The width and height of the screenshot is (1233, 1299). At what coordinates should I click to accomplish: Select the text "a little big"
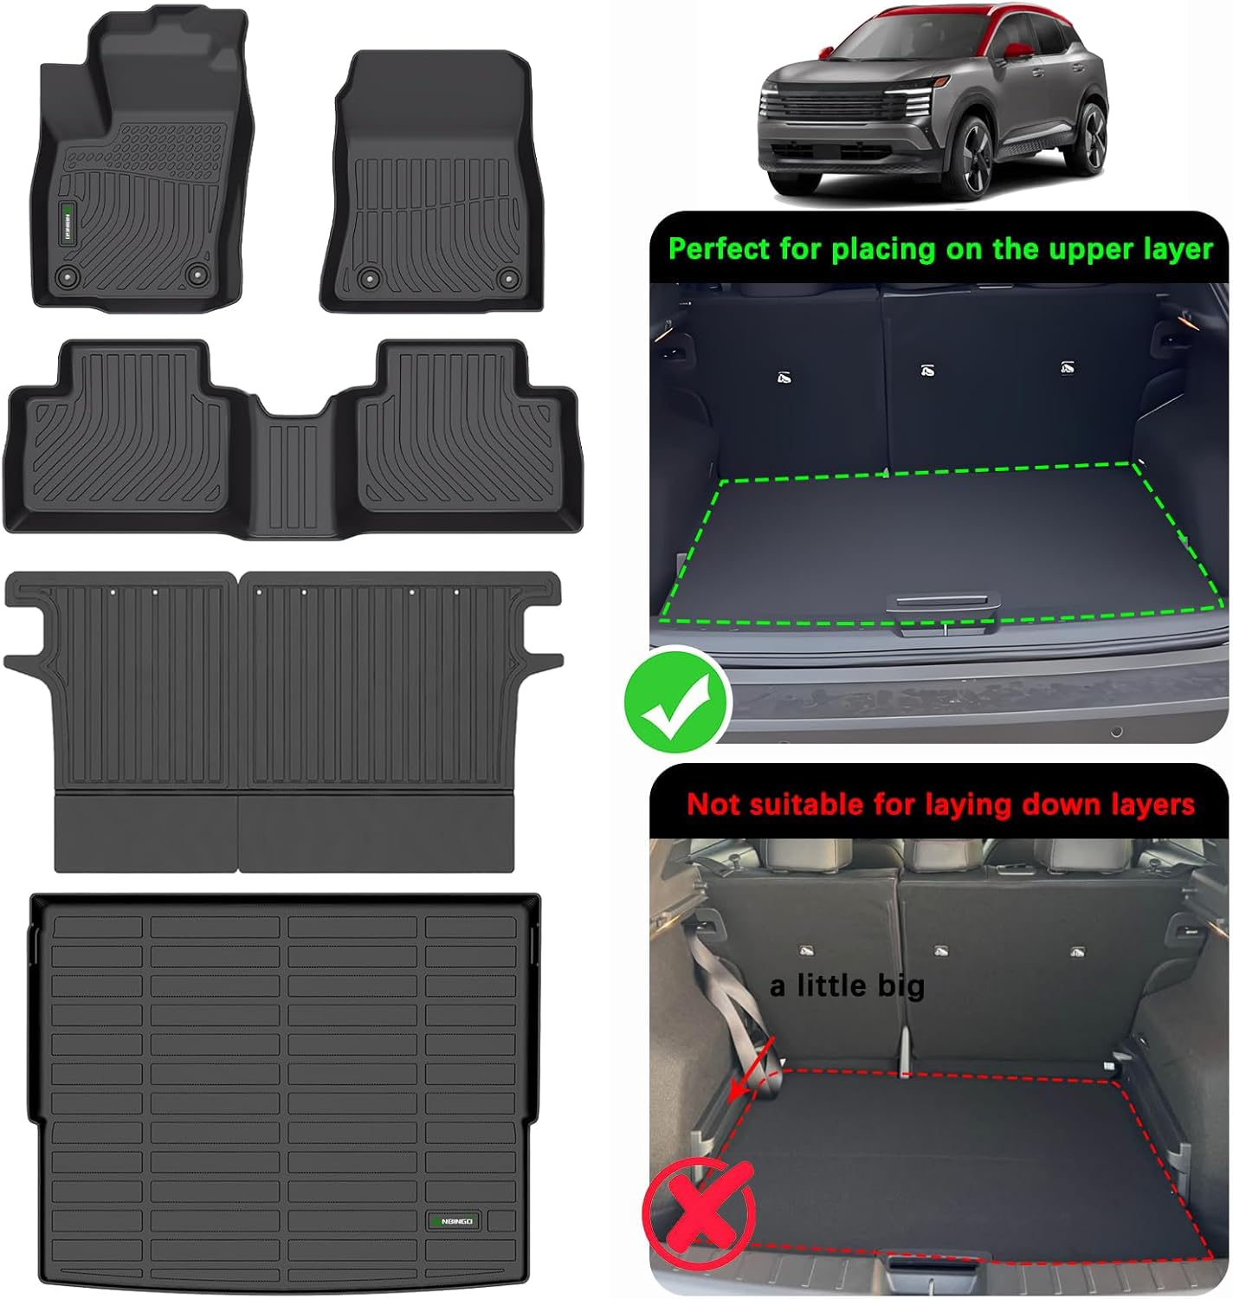tap(846, 986)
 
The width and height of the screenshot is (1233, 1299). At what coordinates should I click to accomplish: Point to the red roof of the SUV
tap(978, 22)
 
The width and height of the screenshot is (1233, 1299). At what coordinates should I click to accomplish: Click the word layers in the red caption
tap(1150, 805)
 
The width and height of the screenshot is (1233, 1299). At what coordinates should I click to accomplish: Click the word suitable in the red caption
tap(807, 805)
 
